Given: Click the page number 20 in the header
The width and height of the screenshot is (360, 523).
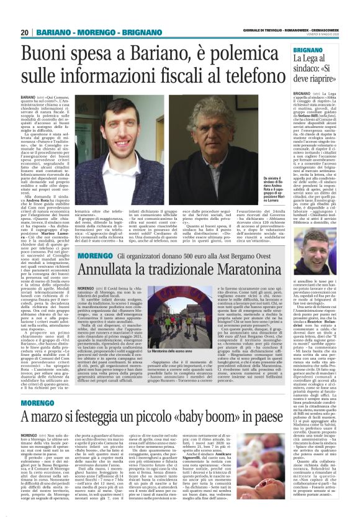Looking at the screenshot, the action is (x=25, y=32).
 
